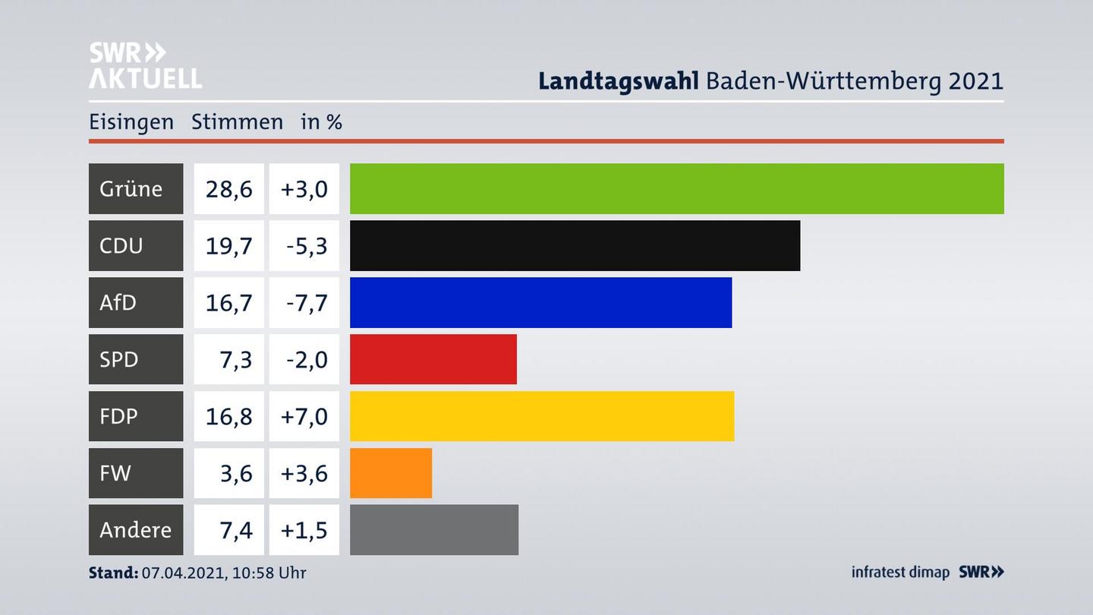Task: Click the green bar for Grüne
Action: (676, 188)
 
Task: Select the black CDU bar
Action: (575, 245)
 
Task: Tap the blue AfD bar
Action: (540, 302)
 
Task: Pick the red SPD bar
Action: (433, 359)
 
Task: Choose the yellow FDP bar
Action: (542, 416)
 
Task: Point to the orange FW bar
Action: (390, 473)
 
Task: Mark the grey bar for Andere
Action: (433, 530)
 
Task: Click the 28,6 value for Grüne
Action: (228, 188)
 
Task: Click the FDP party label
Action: (119, 416)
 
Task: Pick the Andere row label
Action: (135, 530)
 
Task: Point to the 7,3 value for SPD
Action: (235, 359)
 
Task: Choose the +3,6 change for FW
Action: (304, 473)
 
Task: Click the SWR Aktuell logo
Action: (144, 65)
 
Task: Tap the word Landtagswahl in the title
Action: (618, 80)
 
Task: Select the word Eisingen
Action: (131, 121)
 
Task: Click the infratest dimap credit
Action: (900, 572)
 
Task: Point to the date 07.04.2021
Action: (182, 572)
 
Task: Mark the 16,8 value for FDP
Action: (228, 416)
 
